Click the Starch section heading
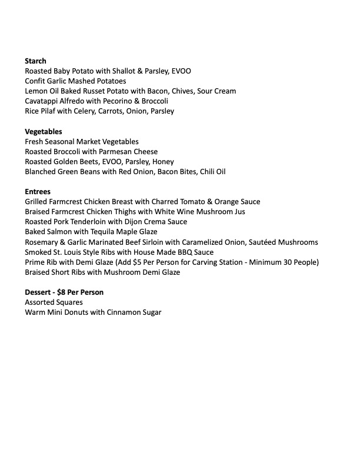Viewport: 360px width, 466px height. (x=35, y=61)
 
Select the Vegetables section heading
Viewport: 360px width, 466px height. (x=44, y=131)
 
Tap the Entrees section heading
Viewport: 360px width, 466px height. (x=38, y=192)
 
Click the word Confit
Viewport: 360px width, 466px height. (x=36, y=81)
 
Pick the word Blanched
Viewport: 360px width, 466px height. (x=42, y=172)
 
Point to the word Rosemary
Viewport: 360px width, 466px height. (x=43, y=242)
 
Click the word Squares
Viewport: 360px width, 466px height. (x=75, y=302)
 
